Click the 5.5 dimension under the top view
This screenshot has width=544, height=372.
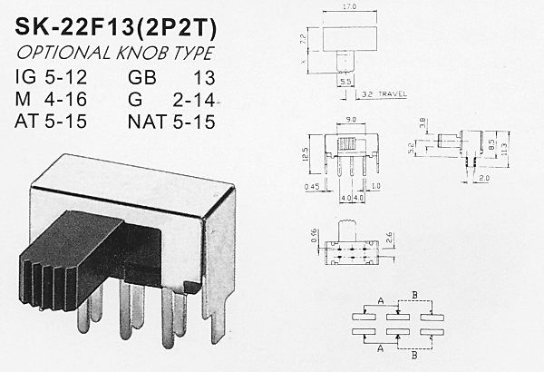[x=345, y=81]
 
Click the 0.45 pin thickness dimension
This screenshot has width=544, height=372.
[x=313, y=189]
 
